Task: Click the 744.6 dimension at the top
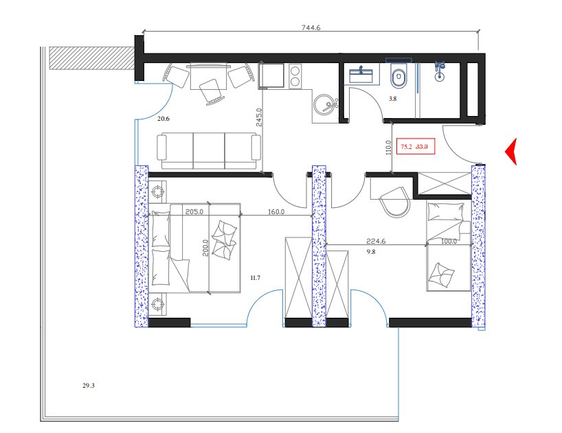click(311, 28)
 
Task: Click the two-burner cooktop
click(296, 75)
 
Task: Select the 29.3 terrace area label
click(88, 386)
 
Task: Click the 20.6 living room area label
click(163, 119)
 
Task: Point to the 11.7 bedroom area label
click(254, 277)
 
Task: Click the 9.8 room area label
click(371, 252)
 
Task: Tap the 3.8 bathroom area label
click(393, 100)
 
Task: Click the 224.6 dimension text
click(376, 242)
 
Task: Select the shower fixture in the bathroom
click(440, 71)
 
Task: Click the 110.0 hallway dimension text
click(388, 148)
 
